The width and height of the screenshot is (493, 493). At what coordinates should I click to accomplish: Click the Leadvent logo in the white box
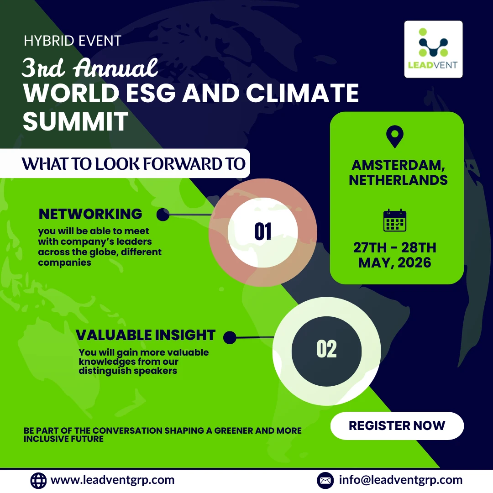[433, 49]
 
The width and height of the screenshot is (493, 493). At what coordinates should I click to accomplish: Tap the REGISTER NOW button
[397, 426]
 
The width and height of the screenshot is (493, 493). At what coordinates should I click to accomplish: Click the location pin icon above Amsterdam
[394, 136]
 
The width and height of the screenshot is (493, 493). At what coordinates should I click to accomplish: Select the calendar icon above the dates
[395, 220]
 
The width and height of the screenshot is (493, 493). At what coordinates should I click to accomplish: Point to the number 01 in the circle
[263, 232]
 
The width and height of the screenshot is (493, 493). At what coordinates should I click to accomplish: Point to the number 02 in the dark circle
[327, 349]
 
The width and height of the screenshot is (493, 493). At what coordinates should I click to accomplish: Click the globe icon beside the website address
[38, 480]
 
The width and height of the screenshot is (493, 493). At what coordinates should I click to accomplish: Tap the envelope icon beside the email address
[325, 480]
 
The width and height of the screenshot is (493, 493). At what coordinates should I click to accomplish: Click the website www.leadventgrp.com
[113, 480]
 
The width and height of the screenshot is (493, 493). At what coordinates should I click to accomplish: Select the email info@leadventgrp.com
[401, 480]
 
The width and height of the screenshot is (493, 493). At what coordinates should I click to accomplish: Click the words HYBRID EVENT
[73, 41]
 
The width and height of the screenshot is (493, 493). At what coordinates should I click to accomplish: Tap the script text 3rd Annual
[90, 67]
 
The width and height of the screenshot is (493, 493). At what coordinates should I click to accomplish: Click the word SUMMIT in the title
[76, 121]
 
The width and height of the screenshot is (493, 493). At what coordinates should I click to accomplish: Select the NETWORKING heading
[90, 214]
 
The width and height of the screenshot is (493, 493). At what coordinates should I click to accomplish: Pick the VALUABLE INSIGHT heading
[146, 335]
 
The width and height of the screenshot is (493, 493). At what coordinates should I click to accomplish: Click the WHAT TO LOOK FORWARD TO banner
[125, 163]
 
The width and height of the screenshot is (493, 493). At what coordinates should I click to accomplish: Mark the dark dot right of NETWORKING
[163, 215]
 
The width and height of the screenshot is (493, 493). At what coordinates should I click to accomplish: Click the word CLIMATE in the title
[302, 93]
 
